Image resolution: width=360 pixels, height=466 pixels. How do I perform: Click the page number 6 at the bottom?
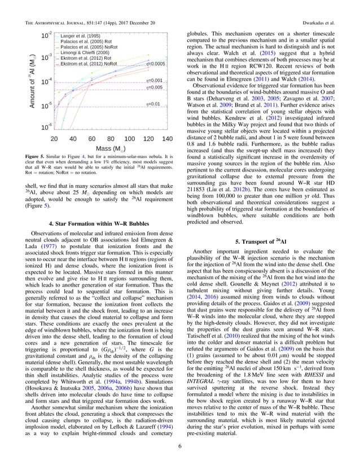coord(180,449)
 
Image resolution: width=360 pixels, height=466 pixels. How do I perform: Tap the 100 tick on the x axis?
coord(129,139)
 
